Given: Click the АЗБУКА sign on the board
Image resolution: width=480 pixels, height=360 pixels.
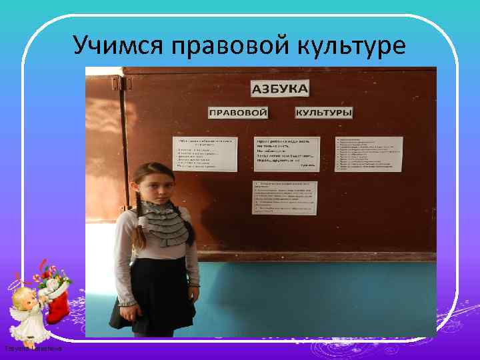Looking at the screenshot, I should click(279, 88).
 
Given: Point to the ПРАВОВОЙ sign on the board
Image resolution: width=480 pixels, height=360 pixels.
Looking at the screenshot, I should click(238, 113).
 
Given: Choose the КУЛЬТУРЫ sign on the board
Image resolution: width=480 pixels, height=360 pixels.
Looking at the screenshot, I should click(324, 113).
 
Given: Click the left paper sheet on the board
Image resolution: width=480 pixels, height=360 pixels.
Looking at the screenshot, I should click(205, 154).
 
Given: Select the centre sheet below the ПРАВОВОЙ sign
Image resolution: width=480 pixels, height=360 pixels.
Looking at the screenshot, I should click(287, 154).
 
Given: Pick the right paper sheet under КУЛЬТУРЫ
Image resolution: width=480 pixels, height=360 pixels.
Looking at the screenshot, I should click(369, 154).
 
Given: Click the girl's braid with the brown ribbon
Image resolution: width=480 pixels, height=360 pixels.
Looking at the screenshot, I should click(139, 227).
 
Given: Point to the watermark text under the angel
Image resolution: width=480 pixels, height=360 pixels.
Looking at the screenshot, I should click(33, 348).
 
